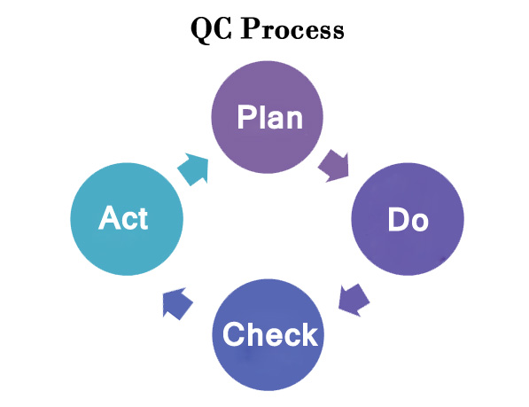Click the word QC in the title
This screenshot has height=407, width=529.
click(211, 29)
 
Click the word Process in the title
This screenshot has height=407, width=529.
click(292, 28)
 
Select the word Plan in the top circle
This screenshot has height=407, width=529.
click(270, 117)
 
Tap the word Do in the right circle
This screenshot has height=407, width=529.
click(408, 219)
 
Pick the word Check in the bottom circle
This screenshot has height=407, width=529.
click(270, 333)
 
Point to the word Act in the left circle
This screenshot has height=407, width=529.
click(123, 218)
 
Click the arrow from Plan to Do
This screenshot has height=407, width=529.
click(334, 165)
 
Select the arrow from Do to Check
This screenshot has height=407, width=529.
click(354, 300)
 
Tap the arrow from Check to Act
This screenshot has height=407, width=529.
click(177, 303)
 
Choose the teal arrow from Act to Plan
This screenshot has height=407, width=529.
click(193, 169)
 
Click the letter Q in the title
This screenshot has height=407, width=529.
click(201, 30)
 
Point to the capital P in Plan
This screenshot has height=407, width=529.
click(246, 117)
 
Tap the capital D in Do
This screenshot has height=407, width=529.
click(399, 219)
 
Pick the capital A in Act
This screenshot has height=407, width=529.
click(109, 218)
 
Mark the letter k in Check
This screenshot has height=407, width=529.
click(309, 333)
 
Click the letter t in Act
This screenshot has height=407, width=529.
click(143, 219)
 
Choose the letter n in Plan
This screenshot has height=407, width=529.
click(294, 120)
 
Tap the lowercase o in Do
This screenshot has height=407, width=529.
click(420, 223)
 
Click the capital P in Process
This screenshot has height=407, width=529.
click(251, 28)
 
